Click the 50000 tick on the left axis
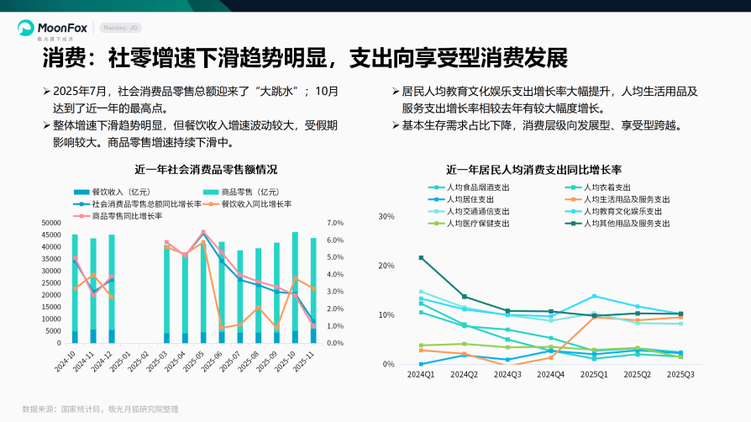(51, 223)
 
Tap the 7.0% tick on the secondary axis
(335, 223)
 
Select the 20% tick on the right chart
(386, 266)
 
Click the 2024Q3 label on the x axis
(507, 375)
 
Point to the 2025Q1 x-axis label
(594, 375)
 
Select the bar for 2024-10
(75, 290)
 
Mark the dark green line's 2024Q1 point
(421, 257)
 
